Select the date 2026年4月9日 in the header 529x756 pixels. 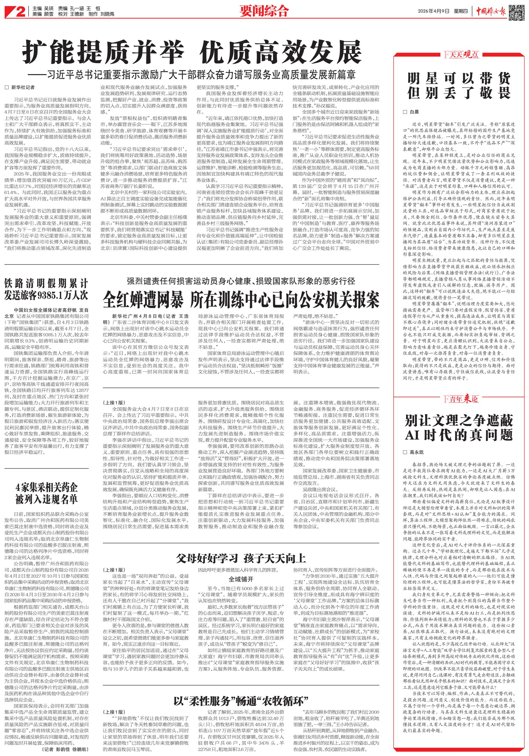(434, 11)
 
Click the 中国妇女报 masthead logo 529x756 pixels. (491, 12)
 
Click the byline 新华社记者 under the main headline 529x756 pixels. (23, 87)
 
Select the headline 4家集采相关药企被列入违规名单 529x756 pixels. (46, 493)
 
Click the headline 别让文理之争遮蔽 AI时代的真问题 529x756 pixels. (459, 428)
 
